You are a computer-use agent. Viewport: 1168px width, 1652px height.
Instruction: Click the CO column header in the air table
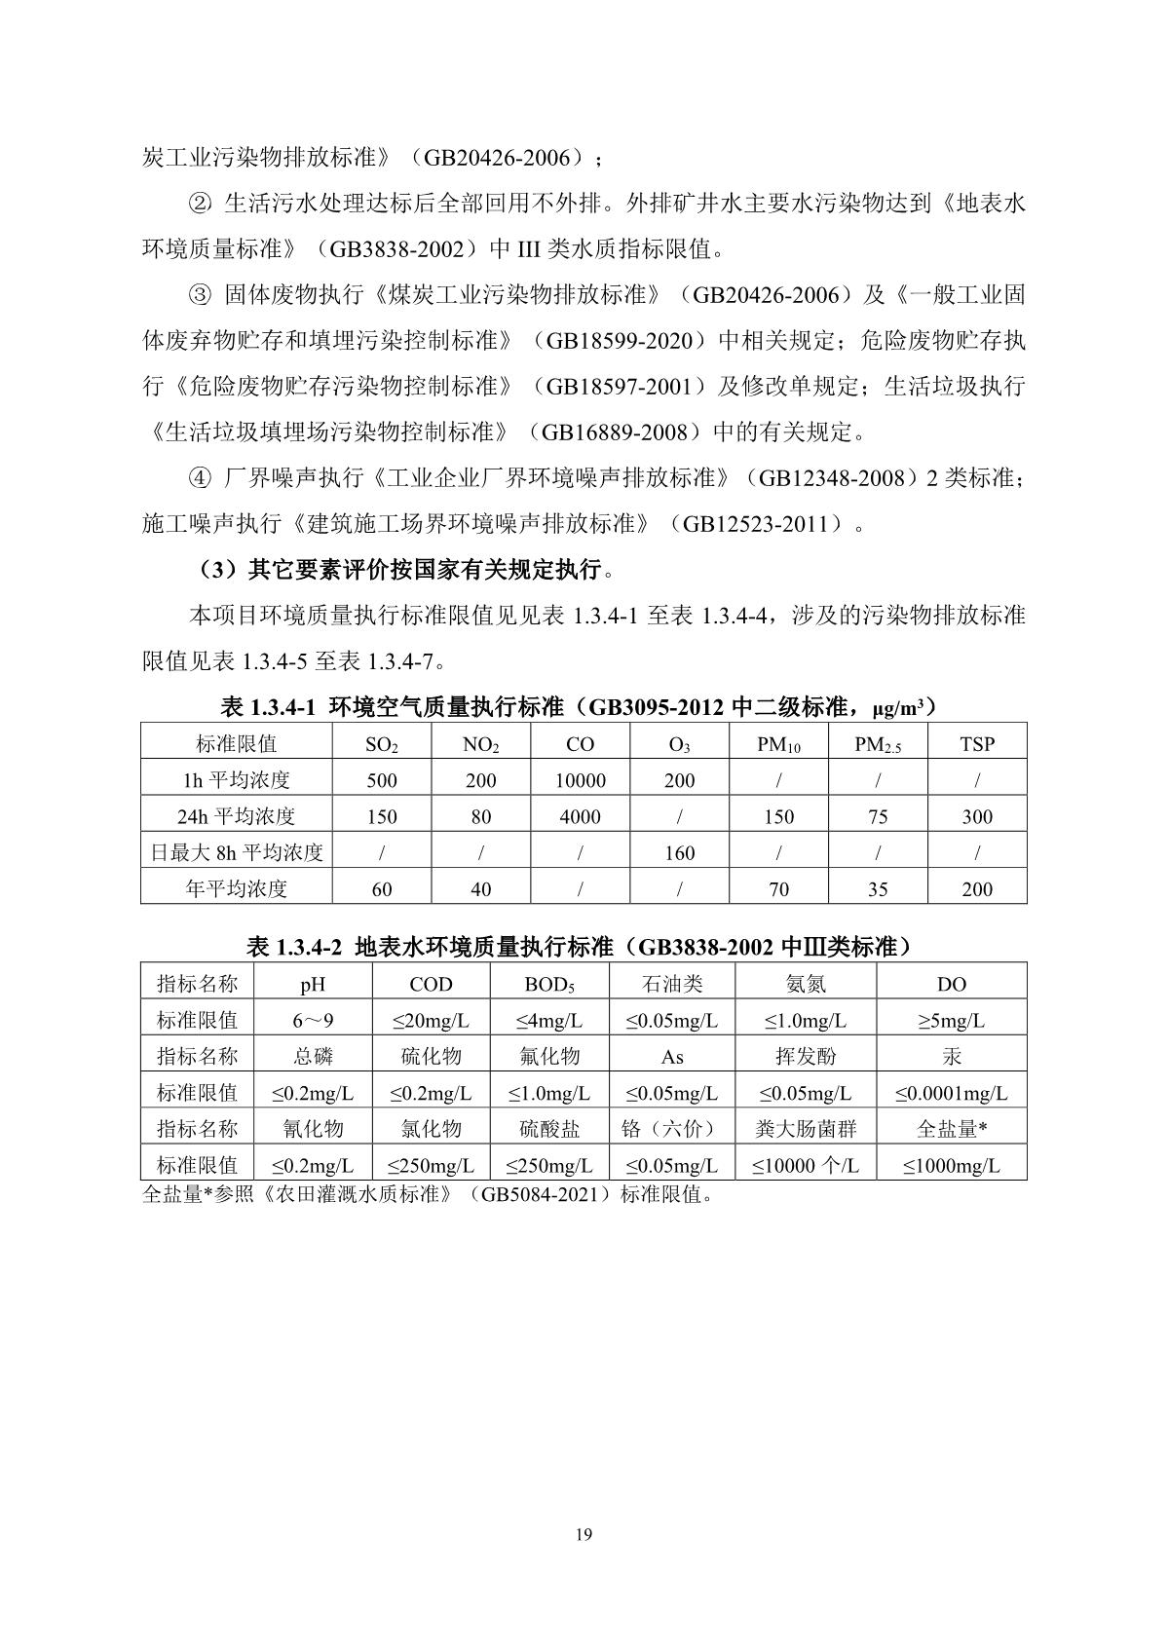(x=580, y=744)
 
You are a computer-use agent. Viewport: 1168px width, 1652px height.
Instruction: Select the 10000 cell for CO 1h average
(x=580, y=780)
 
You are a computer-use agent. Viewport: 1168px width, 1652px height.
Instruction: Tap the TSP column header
(x=976, y=744)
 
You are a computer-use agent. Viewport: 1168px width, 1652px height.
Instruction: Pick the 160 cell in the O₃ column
(x=679, y=853)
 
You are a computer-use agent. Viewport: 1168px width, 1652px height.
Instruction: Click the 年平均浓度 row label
(x=236, y=888)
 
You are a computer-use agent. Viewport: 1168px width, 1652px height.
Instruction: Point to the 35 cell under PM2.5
(x=877, y=888)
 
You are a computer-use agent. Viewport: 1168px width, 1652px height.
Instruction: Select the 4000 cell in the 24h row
(x=580, y=817)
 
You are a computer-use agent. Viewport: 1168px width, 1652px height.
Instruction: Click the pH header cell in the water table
(x=313, y=984)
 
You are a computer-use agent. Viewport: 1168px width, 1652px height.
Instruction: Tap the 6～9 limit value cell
(x=313, y=1021)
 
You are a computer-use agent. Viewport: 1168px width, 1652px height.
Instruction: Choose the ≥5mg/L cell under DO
(x=951, y=1021)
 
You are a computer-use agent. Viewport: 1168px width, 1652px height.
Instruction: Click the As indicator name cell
(x=671, y=1057)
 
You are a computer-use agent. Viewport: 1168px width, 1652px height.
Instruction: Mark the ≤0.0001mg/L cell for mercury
(x=951, y=1093)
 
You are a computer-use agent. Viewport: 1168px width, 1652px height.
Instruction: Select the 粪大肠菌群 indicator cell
(x=806, y=1129)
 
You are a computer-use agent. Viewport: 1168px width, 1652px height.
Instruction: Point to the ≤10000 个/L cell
(x=806, y=1165)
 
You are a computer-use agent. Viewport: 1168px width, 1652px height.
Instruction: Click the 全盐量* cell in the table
(x=951, y=1129)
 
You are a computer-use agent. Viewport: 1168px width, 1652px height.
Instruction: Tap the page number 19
(x=584, y=1536)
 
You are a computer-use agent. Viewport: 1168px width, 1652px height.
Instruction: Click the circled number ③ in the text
(x=199, y=294)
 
